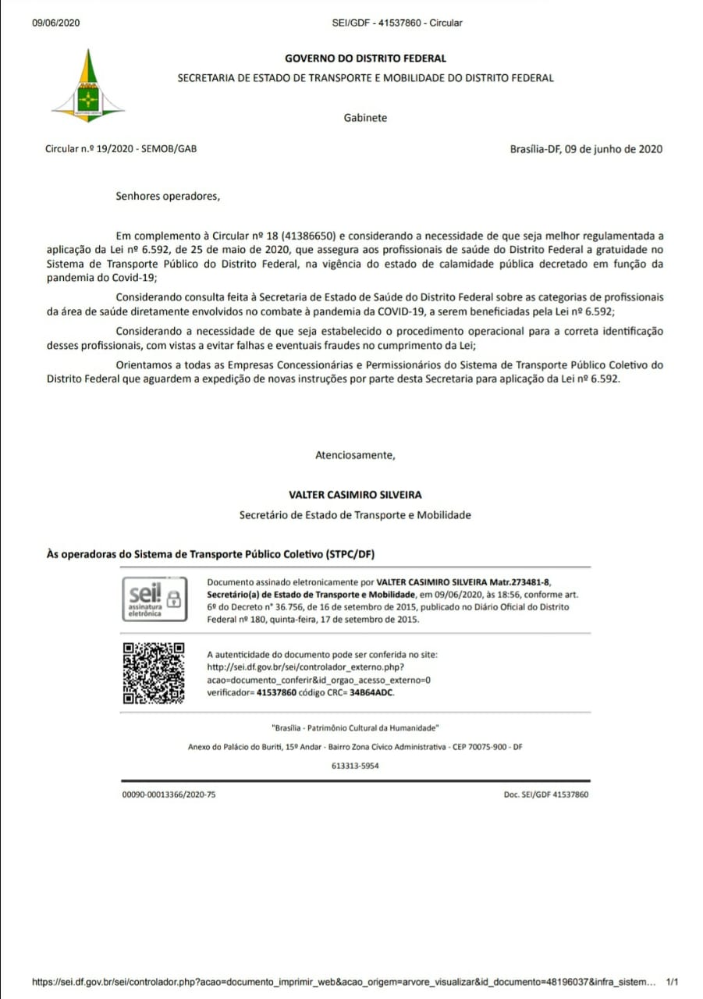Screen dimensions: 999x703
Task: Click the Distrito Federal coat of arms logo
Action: click(x=88, y=85)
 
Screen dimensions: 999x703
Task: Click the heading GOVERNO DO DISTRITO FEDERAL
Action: click(x=365, y=59)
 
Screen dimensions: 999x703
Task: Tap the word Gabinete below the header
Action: click(x=365, y=118)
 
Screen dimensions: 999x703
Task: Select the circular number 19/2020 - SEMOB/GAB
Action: click(x=121, y=148)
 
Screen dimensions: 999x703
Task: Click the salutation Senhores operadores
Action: click(x=168, y=196)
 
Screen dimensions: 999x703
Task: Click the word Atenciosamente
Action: click(x=355, y=454)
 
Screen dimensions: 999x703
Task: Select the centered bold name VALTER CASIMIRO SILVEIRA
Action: click(x=355, y=495)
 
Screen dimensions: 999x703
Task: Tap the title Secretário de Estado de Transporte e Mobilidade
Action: click(x=355, y=515)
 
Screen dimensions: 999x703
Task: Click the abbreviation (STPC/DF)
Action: click(x=350, y=554)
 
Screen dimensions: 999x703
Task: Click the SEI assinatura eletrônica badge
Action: click(x=154, y=599)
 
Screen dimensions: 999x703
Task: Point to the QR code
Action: click(x=154, y=672)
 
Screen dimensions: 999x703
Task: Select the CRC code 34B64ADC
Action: click(x=372, y=692)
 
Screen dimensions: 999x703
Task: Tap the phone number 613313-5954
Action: click(x=355, y=766)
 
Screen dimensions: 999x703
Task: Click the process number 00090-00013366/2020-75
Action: click(x=169, y=795)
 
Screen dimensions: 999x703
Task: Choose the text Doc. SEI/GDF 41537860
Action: click(x=546, y=795)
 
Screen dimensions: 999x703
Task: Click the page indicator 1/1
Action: click(x=673, y=981)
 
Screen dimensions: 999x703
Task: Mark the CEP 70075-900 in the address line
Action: click(x=481, y=747)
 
